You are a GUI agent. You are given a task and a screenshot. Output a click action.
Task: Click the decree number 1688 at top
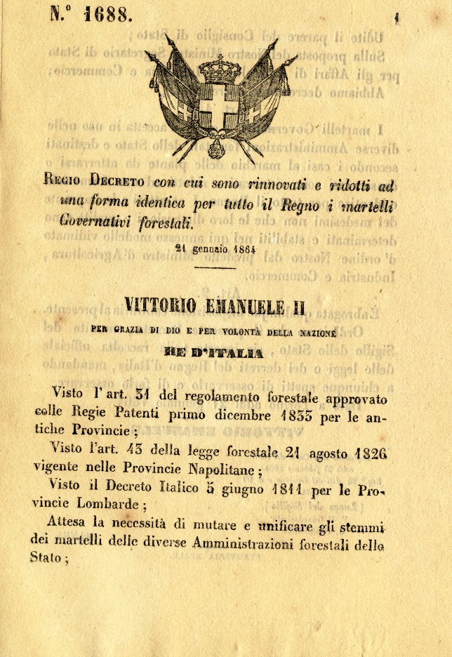tap(90, 14)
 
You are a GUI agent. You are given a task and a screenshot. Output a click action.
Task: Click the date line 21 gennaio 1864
tap(215, 248)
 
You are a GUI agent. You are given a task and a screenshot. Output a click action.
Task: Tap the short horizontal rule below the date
tap(215, 267)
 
